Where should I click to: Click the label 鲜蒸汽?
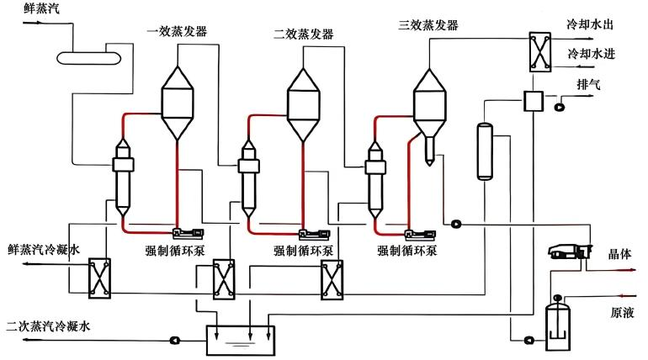41,8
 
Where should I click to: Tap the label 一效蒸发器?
177,31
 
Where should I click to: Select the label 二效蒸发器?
303,34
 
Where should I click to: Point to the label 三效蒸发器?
428,25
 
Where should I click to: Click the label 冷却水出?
590,24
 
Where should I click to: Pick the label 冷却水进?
592,54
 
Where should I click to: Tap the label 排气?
588,85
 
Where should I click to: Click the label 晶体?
619,254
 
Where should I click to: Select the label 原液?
622,313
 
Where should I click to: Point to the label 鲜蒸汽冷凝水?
44,250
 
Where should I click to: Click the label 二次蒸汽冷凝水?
48,326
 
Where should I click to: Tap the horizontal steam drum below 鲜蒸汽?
88,58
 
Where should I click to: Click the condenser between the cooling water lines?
540,52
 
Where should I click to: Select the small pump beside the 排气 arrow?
560,107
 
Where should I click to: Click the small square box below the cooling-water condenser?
533,101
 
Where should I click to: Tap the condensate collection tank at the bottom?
241,340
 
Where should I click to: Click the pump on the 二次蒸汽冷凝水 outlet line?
175,340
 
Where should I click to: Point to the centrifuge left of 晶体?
571,251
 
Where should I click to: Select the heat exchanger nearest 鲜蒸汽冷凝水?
100,278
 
